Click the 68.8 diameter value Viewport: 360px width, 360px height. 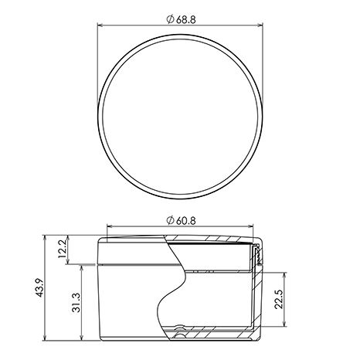point(185,19)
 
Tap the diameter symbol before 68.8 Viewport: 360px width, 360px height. point(170,19)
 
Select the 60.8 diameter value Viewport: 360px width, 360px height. point(185,221)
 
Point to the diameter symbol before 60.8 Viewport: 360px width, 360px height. point(170,221)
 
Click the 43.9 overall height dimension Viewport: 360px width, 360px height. point(39,288)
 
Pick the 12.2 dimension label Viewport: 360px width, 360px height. point(63,250)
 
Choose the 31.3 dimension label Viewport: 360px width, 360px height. point(76,303)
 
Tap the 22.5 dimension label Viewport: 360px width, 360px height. point(278,300)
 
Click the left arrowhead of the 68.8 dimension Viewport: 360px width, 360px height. point(100,25)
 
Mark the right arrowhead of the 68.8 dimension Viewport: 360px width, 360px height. point(260,25)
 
